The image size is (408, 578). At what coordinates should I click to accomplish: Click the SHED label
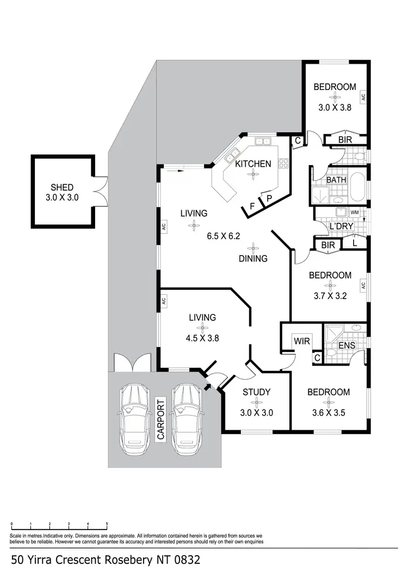[61, 187]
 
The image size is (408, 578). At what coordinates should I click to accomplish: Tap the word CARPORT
[161, 421]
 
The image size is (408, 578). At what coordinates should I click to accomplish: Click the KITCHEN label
[252, 163]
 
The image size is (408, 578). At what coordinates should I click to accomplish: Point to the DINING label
[252, 259]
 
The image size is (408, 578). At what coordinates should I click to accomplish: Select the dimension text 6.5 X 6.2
[223, 236]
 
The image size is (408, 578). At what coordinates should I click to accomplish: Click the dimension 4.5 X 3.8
[202, 337]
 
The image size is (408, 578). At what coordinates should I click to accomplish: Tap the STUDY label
[256, 392]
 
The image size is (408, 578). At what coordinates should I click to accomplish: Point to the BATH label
[336, 180]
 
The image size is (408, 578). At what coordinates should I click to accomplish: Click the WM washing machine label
[355, 212]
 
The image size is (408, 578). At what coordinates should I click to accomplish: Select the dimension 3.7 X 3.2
[330, 296]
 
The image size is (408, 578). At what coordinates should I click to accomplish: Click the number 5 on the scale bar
[107, 523]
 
